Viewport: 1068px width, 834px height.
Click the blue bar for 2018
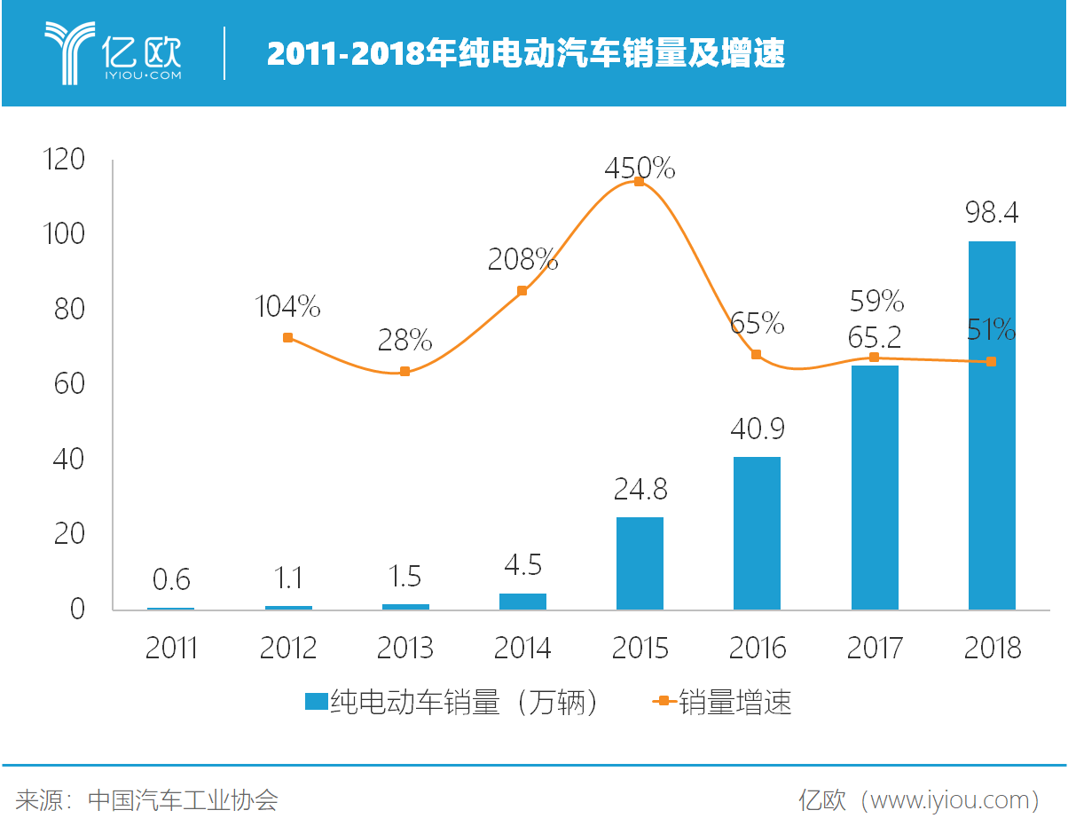coord(992,426)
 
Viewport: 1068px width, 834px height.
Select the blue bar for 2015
coord(640,563)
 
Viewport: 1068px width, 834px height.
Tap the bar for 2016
coord(757,533)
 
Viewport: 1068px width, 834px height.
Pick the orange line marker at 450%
coord(639,182)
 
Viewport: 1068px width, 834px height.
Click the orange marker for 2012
coord(287,338)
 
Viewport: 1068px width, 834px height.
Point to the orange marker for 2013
coord(404,372)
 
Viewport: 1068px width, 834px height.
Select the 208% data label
coord(522,260)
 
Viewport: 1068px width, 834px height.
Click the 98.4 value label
coord(992,214)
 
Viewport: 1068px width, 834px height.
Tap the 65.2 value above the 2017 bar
coord(874,338)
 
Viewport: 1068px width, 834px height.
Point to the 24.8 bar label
coord(640,489)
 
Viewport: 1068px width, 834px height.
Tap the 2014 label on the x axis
coord(522,649)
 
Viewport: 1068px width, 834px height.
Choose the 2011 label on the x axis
coord(171,649)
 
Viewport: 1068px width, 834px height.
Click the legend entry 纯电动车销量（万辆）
coord(452,703)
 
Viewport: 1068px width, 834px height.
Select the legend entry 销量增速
coord(723,703)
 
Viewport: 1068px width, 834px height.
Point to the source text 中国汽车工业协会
coord(183,800)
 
